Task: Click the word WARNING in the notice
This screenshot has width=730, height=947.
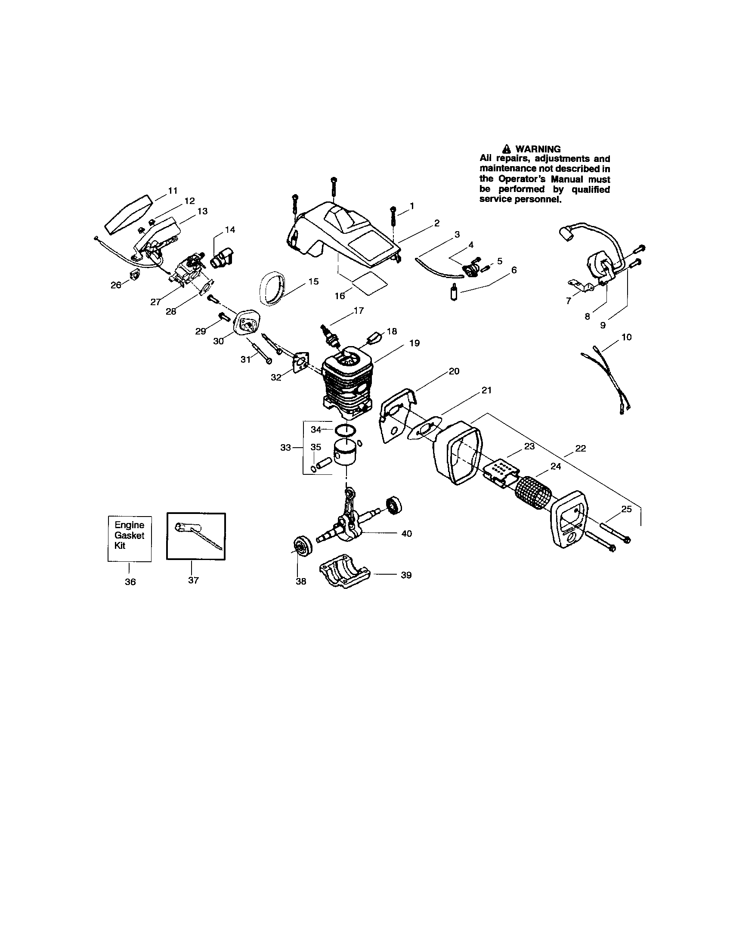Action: tap(538, 149)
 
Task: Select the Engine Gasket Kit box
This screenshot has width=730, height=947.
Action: tap(129, 538)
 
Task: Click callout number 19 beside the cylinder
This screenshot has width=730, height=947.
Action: tap(414, 343)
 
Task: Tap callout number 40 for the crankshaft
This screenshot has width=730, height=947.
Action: tap(406, 533)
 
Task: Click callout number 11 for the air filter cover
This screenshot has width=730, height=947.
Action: tap(173, 190)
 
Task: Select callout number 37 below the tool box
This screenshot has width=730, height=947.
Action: tap(193, 580)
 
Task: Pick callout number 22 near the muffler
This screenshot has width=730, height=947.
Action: tap(580, 449)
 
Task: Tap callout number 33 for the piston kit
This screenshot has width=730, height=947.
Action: tap(285, 448)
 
